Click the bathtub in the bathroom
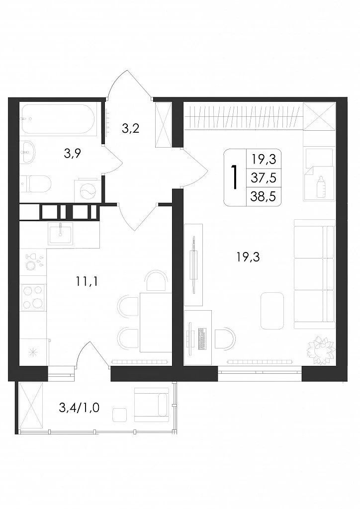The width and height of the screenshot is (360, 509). coord(58,119)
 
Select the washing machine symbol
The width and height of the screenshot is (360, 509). coord(88,190)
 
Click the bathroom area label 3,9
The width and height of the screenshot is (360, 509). coord(72,153)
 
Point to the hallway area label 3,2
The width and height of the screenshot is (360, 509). coord(130,129)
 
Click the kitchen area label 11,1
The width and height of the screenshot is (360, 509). coord(87,281)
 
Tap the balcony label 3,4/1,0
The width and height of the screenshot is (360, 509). coord(79,407)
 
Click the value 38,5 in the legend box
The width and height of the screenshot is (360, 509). coord(263,196)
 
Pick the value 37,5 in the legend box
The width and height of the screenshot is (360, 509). coord(263,178)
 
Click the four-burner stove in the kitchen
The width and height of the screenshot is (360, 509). coord(32,297)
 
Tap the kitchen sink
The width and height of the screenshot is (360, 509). coord(60,234)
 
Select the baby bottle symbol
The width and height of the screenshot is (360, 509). coord(321,187)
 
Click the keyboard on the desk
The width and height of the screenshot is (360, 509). coord(202,339)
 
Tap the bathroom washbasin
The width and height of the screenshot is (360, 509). coord(27,152)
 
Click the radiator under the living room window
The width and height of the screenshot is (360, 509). coord(261,361)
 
